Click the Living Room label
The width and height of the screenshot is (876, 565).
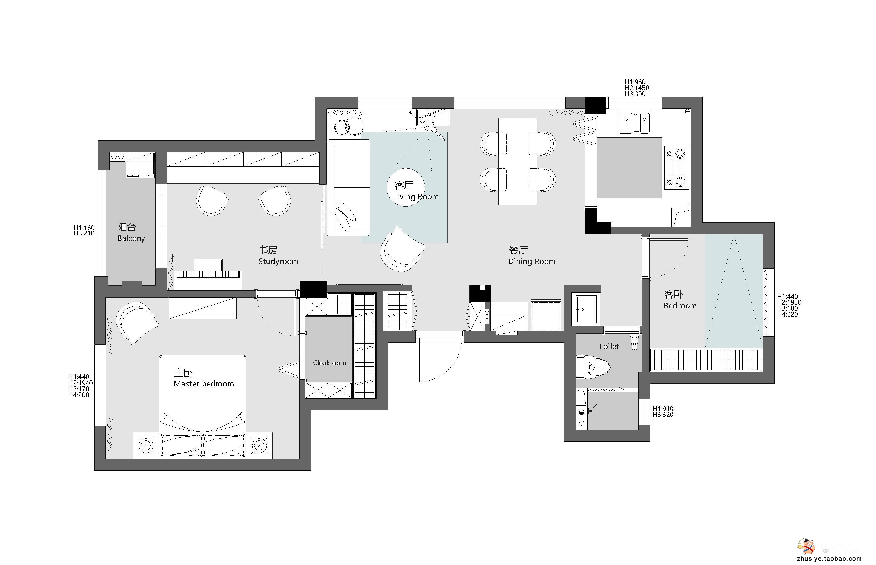click(x=416, y=197)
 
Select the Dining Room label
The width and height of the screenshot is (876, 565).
click(x=532, y=261)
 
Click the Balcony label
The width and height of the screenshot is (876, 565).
click(x=131, y=238)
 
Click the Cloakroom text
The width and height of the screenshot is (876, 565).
click(x=329, y=363)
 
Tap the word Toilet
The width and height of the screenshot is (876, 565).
click(x=608, y=346)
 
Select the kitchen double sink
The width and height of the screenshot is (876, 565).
click(x=634, y=123)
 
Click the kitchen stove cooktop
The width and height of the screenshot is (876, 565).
click(x=676, y=167)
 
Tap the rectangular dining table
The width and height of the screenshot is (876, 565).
click(x=518, y=161)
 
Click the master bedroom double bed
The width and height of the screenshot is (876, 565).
click(x=203, y=407)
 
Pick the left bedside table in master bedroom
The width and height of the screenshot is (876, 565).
click(x=146, y=445)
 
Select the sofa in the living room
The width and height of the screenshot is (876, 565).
click(x=348, y=188)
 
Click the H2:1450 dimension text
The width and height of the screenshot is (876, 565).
click(x=637, y=88)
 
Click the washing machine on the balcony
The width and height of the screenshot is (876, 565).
click(x=140, y=165)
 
